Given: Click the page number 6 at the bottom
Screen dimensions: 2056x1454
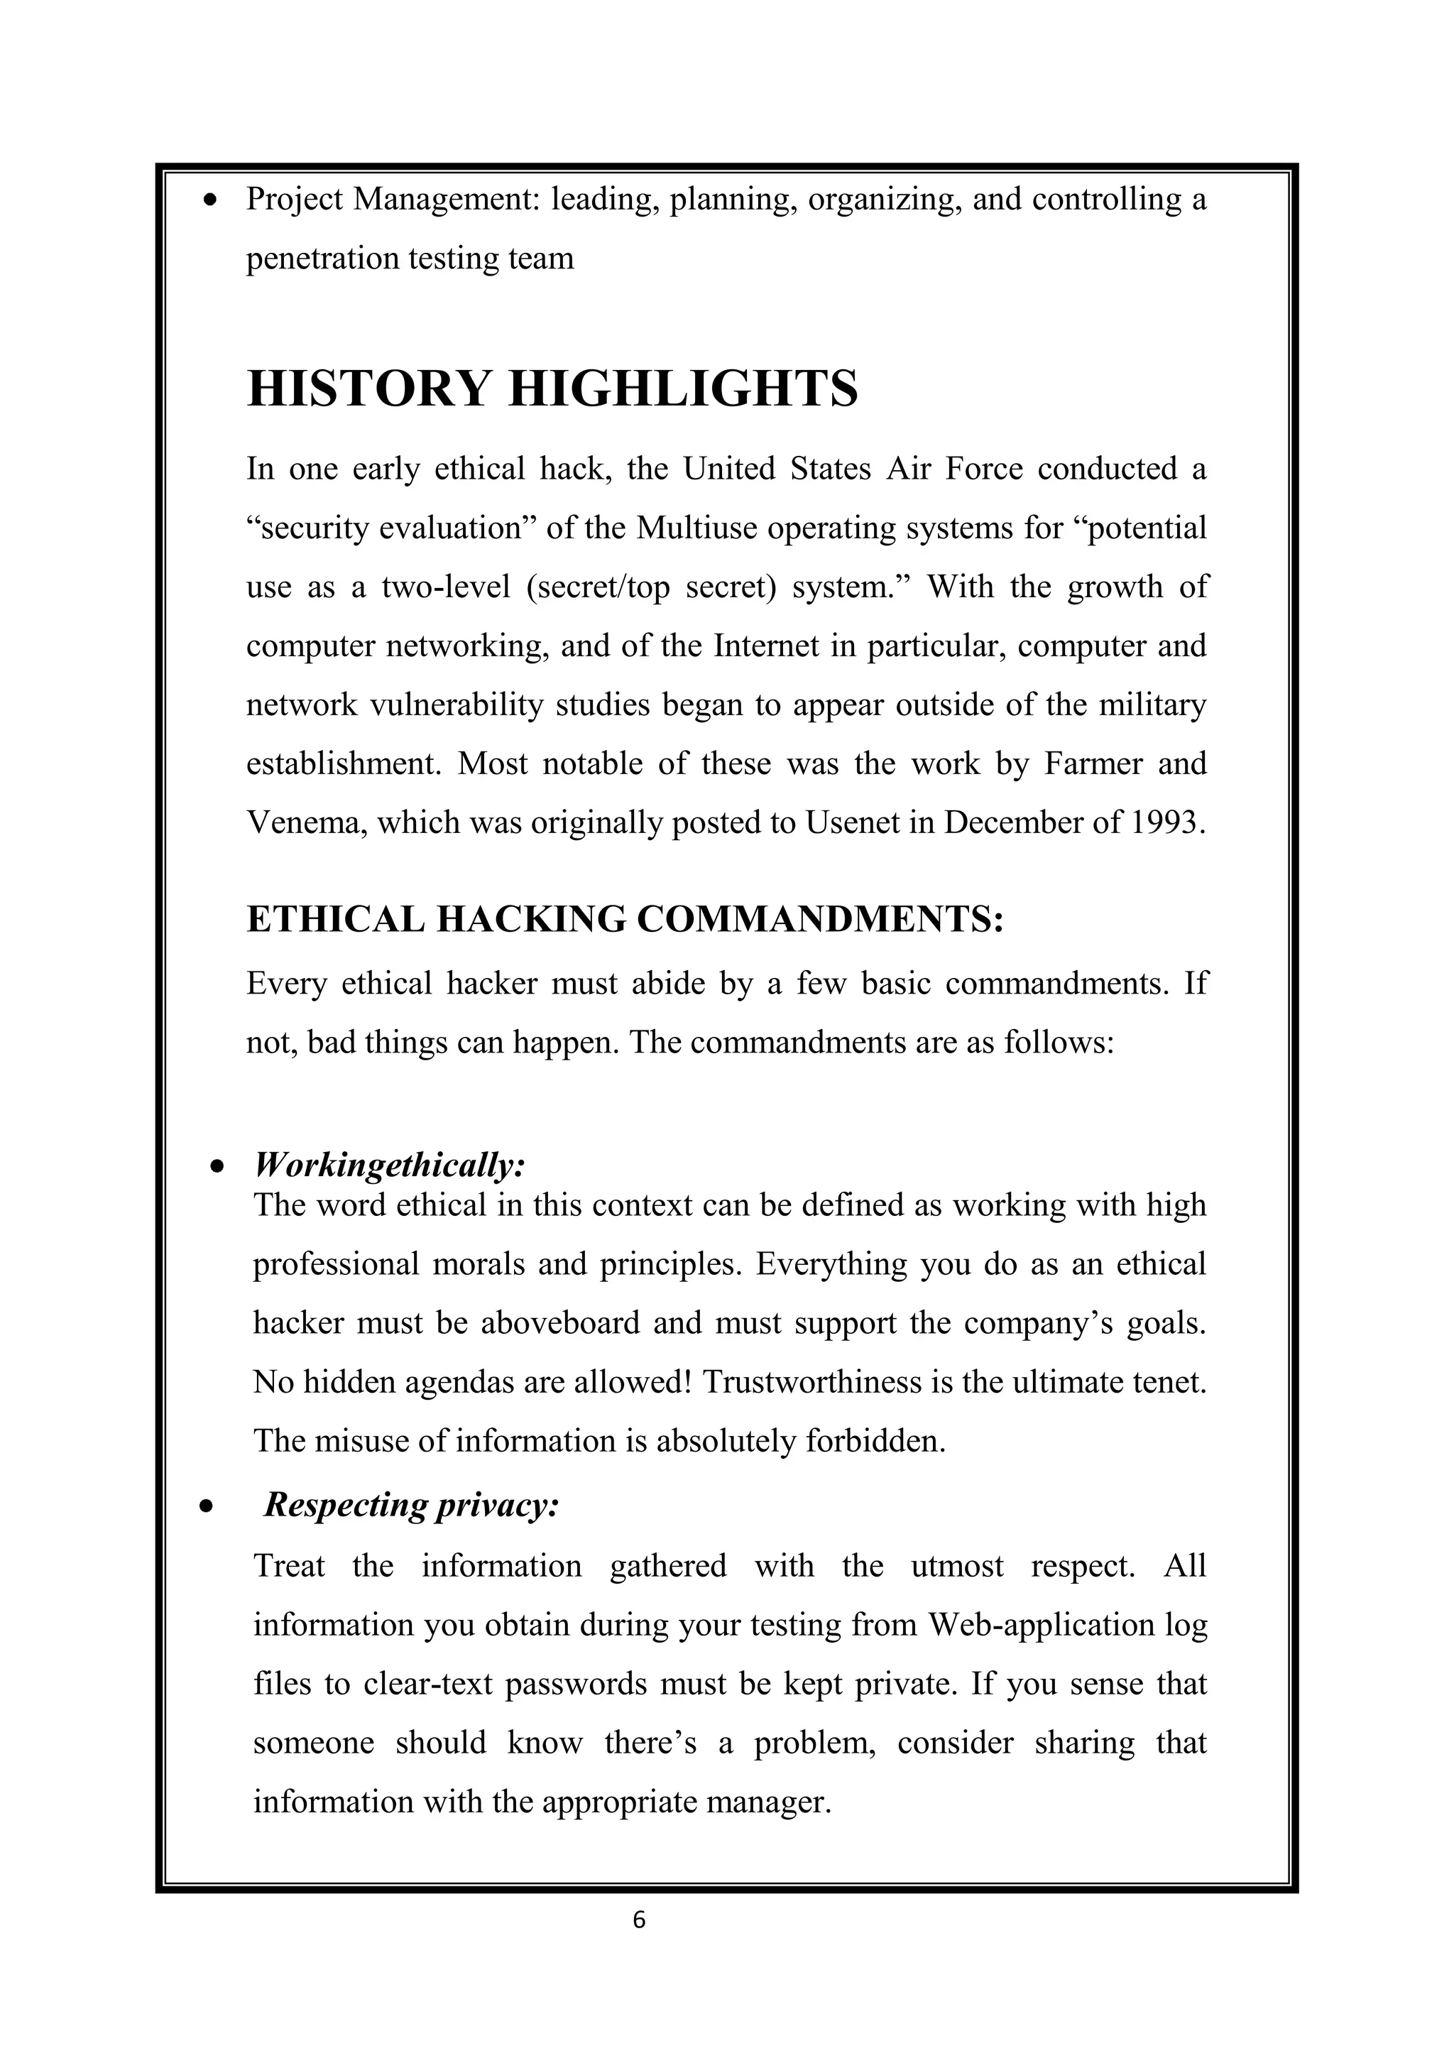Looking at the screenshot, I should pos(638,1919).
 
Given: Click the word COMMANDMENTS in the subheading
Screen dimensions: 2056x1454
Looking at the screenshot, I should pos(819,920).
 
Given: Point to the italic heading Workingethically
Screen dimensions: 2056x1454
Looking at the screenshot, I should pos(390,1165).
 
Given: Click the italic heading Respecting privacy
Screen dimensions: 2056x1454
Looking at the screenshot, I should pos(411,1504).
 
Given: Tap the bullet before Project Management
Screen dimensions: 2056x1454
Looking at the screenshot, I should pos(212,200).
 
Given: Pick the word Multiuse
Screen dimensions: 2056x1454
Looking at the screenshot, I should pos(697,528).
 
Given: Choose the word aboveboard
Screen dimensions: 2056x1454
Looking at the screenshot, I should pos(559,1322).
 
